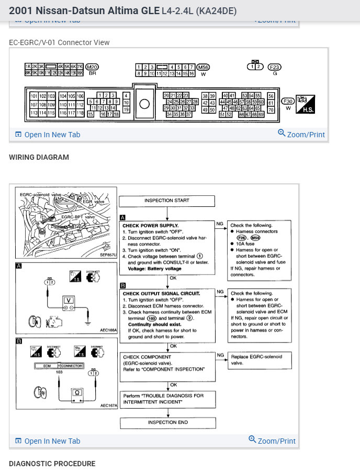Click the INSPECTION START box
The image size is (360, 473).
[x=166, y=201]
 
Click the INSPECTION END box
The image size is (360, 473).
[x=167, y=422]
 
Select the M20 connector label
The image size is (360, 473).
[x=92, y=67]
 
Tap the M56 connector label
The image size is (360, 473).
[x=203, y=67]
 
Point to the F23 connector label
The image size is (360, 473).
[x=275, y=67]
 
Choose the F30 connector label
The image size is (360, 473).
[x=288, y=101]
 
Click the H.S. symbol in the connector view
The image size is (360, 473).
[x=305, y=104]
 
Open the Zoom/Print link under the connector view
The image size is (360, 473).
[x=301, y=134]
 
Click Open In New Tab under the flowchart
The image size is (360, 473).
[x=48, y=441]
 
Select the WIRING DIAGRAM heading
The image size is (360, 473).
[x=39, y=157]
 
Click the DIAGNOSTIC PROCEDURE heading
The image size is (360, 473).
[x=52, y=464]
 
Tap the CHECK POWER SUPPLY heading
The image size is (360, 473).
[x=151, y=225]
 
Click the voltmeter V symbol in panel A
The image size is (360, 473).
[x=67, y=300]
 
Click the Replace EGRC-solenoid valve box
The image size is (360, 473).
[x=260, y=360]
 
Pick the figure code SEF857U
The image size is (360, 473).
[x=108, y=255]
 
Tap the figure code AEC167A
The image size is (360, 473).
[x=108, y=405]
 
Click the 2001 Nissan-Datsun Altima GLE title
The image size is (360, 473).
[x=84, y=10]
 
